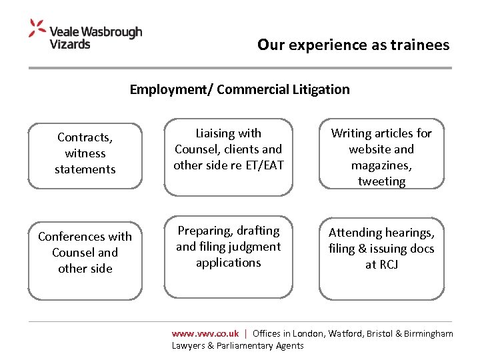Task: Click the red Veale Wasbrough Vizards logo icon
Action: [x=37, y=28]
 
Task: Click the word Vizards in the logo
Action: [x=70, y=44]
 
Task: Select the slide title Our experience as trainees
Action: [x=353, y=45]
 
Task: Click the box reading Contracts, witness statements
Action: [x=85, y=153]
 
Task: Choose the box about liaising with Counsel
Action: [x=228, y=157]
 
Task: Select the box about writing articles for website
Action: [x=381, y=157]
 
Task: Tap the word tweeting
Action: [x=381, y=181]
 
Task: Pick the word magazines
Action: [x=381, y=165]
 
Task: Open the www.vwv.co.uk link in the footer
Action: [x=205, y=333]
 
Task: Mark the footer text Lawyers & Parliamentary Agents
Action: [x=237, y=345]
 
